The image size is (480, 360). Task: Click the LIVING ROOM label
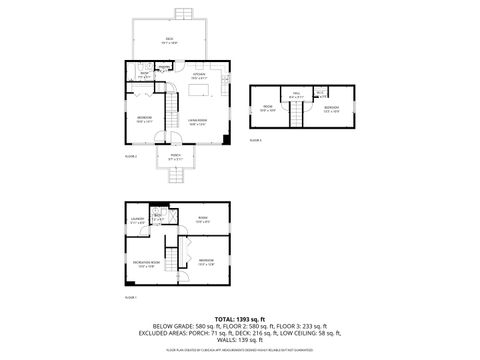coord(196,123)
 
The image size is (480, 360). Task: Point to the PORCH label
coord(175,156)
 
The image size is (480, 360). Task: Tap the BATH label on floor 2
coord(144,74)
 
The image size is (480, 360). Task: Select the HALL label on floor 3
coord(296,96)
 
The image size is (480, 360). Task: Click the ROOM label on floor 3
coord(269,108)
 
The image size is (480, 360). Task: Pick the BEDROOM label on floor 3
coord(331,108)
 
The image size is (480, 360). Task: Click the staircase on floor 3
coord(296,116)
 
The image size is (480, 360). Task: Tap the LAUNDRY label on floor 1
coord(137,220)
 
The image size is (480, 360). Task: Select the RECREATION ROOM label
coord(146,265)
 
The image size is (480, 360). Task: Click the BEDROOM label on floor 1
coord(205,261)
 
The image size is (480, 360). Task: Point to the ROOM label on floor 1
coord(202,220)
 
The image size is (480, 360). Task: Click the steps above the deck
coord(182,13)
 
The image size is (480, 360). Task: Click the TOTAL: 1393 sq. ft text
coord(240,317)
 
